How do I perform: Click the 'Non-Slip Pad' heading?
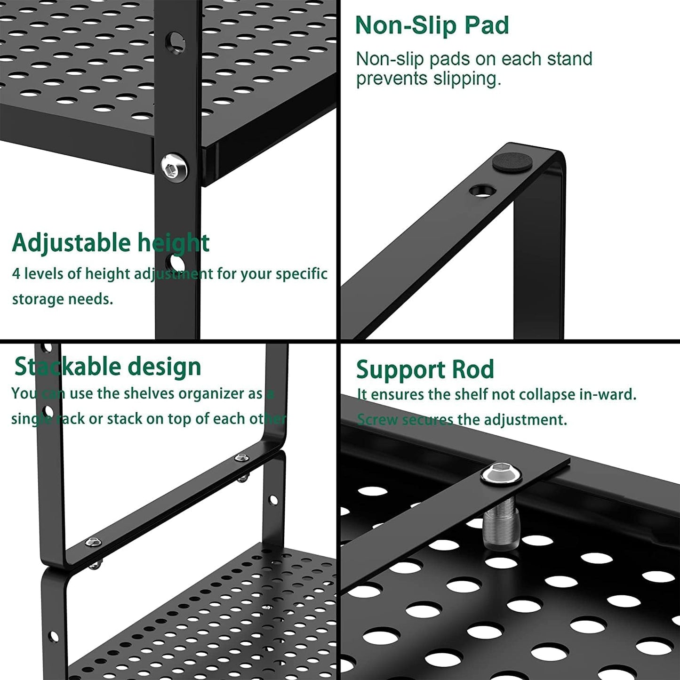[x=432, y=25]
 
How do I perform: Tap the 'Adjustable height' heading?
[x=111, y=243]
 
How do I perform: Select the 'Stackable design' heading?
[x=108, y=367]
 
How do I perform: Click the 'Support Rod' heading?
[x=425, y=369]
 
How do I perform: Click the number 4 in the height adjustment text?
[x=16, y=273]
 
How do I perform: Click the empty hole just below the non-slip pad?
[x=482, y=191]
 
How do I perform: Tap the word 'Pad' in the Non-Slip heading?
[x=487, y=25]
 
